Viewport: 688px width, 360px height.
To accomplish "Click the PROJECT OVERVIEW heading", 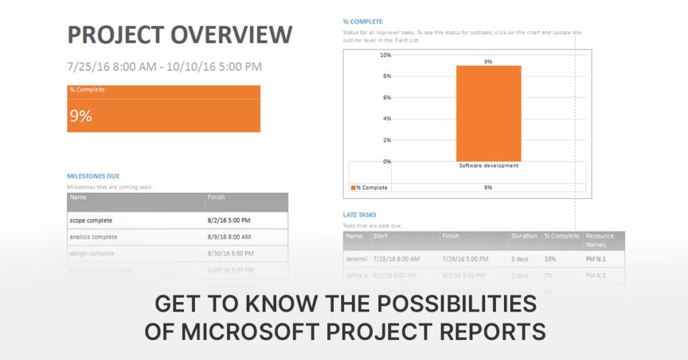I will (179, 35).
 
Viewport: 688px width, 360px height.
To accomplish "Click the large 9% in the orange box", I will (81, 116).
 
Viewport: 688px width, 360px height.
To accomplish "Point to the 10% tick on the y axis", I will (386, 55).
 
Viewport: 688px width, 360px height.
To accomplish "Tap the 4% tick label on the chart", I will (387, 119).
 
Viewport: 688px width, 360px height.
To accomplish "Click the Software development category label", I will (488, 165).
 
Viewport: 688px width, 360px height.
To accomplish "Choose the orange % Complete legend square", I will (353, 188).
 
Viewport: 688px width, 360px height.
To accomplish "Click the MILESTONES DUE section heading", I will (93, 176).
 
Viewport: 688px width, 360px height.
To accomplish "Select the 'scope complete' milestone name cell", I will (91, 220).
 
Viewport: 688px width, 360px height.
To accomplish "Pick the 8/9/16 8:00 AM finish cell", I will (229, 237).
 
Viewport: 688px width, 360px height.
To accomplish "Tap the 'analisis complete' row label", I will (93, 237).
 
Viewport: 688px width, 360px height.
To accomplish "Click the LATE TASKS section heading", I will (359, 215).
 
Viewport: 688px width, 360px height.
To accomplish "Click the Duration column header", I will (524, 236).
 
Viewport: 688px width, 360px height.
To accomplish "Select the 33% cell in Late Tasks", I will (550, 259).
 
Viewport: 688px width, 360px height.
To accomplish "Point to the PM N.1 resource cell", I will (595, 259).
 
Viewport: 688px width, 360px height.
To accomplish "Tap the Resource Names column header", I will (599, 240).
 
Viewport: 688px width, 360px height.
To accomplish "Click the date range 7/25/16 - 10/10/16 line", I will (165, 66).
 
